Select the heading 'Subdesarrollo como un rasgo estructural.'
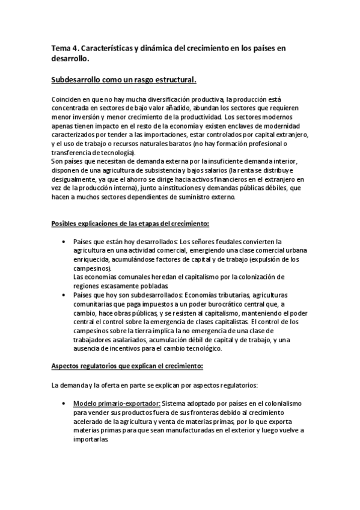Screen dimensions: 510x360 point(124,79)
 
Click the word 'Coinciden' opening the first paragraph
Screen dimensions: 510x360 point(67,99)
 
